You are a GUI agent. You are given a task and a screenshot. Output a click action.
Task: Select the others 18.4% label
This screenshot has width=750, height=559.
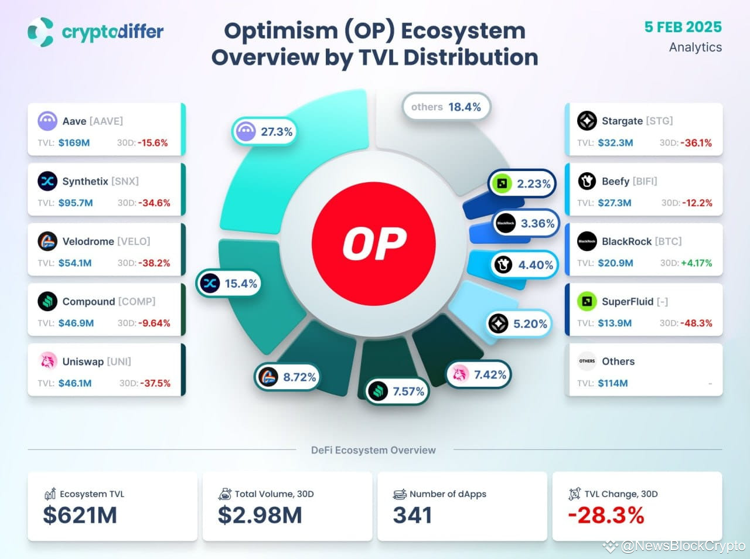(446, 107)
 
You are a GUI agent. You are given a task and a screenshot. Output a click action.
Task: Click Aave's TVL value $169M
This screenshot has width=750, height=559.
(74, 142)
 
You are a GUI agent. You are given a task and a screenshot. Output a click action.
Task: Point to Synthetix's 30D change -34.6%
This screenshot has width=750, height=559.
(154, 203)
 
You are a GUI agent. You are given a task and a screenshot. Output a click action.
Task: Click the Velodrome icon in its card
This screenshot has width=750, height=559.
(47, 241)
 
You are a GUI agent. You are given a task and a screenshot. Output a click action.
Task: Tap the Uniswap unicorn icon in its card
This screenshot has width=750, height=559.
(47, 362)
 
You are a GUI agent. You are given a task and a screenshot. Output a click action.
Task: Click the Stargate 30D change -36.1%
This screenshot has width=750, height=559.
(696, 142)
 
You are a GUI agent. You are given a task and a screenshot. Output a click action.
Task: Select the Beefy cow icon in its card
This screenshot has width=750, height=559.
(587, 182)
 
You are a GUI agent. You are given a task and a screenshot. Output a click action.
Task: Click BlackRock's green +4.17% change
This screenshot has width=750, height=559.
(696, 263)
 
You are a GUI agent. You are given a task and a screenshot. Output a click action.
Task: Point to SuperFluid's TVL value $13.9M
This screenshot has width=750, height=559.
(615, 323)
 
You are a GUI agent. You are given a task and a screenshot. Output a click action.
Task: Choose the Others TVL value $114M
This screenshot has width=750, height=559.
(612, 383)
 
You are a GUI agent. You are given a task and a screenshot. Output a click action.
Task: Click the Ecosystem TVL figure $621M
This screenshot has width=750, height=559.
(80, 515)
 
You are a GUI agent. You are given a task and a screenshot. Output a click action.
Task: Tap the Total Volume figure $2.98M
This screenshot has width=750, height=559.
(260, 515)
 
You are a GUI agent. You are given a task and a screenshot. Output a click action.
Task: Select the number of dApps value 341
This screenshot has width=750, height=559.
(412, 515)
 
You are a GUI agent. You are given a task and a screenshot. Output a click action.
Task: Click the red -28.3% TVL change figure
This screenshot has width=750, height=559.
(606, 515)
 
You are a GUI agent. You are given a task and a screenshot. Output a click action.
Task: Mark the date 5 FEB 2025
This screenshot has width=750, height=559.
(683, 27)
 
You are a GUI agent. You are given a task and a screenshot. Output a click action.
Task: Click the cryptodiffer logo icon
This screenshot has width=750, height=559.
(40, 32)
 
